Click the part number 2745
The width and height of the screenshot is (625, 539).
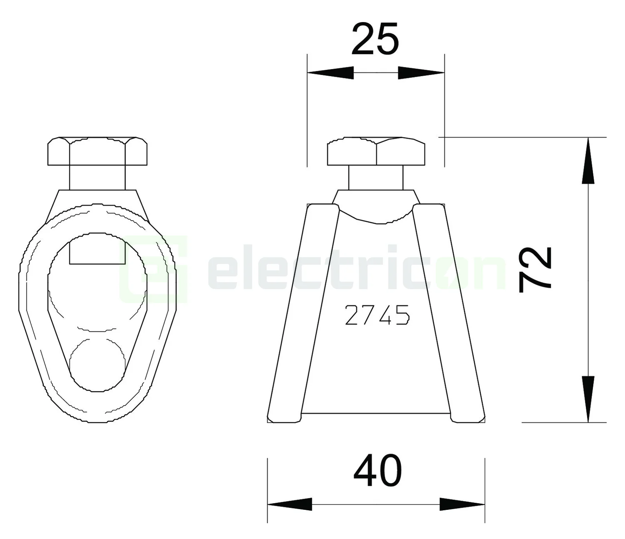click(x=377, y=315)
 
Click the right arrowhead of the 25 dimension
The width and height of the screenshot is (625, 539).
click(x=421, y=73)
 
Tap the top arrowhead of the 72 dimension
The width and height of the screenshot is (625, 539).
click(x=588, y=160)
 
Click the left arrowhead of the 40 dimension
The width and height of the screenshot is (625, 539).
click(x=290, y=504)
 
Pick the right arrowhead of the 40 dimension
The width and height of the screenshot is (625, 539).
click(x=462, y=504)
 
